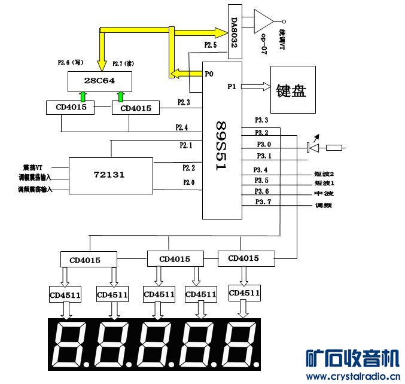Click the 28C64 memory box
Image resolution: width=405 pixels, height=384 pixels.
click(x=100, y=80)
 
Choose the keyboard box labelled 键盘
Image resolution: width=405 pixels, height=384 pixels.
click(x=291, y=90)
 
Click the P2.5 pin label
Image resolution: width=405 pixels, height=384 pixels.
click(x=210, y=45)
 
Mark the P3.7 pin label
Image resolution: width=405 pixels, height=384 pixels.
click(x=262, y=202)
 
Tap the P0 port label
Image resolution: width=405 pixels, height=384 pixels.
click(x=209, y=75)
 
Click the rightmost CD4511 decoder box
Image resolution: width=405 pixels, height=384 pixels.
click(x=244, y=292)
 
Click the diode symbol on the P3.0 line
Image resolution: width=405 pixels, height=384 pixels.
click(x=309, y=147)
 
